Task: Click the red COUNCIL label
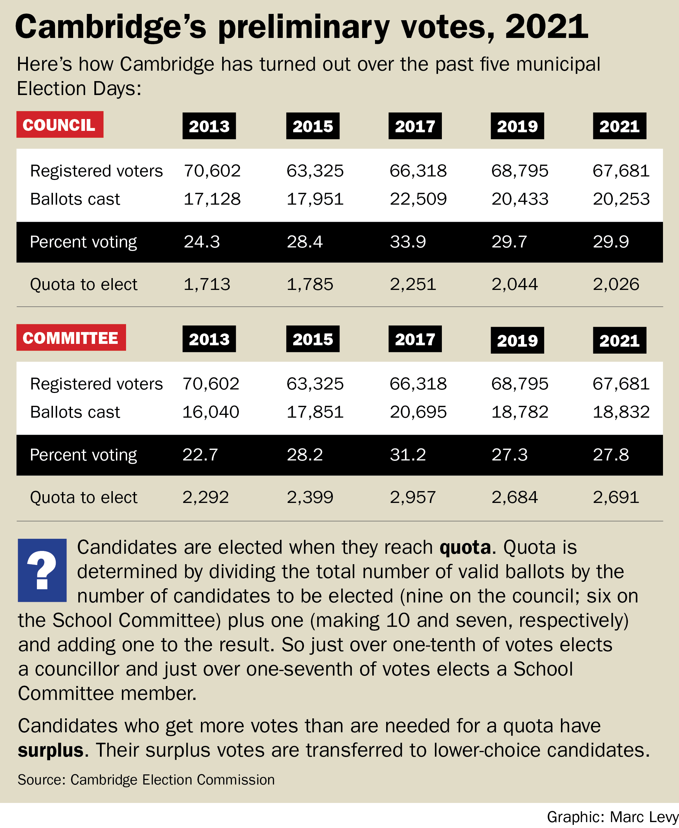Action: tap(60, 125)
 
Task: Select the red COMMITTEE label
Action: tap(71, 338)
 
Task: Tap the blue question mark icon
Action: tap(42, 570)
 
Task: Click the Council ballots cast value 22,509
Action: tap(418, 199)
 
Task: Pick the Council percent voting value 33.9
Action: tap(407, 242)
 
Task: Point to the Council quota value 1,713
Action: tap(207, 284)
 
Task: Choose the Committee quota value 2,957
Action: tap(413, 497)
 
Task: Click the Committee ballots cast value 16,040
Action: tap(211, 412)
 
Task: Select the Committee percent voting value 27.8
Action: tap(610, 455)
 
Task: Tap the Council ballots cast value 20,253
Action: tap(621, 199)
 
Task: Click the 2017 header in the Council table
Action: tap(415, 126)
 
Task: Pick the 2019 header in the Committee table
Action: tap(517, 340)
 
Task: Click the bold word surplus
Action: tap(50, 750)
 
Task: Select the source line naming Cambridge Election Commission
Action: tap(146, 780)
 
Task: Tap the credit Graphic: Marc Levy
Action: tap(612, 817)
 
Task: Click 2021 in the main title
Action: tap(546, 26)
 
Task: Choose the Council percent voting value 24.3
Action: tap(202, 242)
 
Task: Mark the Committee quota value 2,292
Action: tap(206, 497)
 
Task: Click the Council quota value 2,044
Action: tap(514, 284)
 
